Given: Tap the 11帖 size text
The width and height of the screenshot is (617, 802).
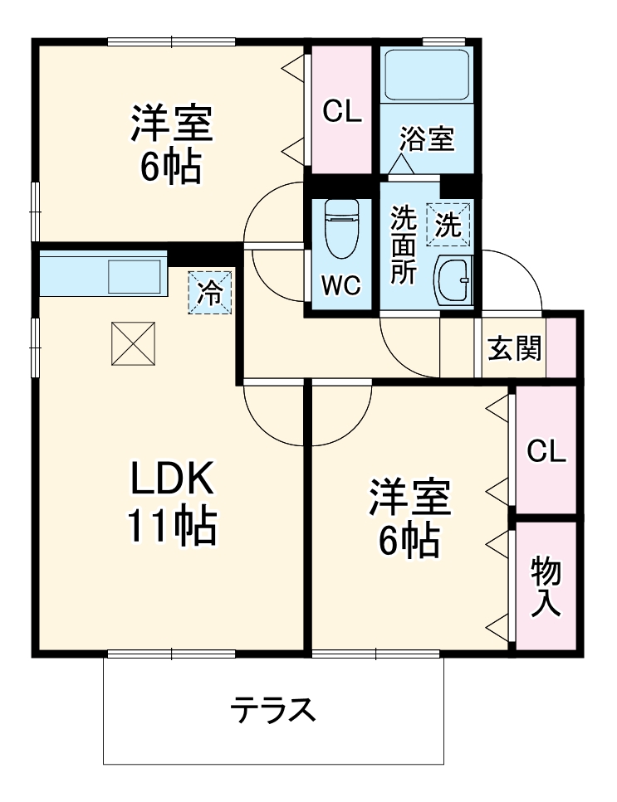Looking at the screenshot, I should coord(172,525).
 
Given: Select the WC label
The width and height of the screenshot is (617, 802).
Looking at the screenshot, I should coord(341,286).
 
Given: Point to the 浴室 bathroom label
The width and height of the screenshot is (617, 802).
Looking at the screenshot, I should coord(427,139).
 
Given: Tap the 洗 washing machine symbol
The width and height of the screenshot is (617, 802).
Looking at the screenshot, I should coord(449,225).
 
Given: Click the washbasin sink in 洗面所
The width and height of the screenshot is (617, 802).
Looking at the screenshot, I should coord(453,279).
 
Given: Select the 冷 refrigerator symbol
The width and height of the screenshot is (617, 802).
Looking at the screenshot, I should coord(211,292).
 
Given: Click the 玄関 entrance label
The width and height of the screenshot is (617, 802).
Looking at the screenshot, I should coord(514,350).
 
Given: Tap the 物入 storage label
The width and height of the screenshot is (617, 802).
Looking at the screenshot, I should coord(546,586).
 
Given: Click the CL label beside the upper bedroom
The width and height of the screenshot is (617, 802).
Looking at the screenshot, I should coord(342,112).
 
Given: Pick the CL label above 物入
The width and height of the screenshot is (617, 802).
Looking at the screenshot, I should coord(546,451).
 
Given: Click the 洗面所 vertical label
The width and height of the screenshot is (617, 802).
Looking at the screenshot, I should coord(404,246).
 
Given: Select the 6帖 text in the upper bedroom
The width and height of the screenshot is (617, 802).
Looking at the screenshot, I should coord(170,168).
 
